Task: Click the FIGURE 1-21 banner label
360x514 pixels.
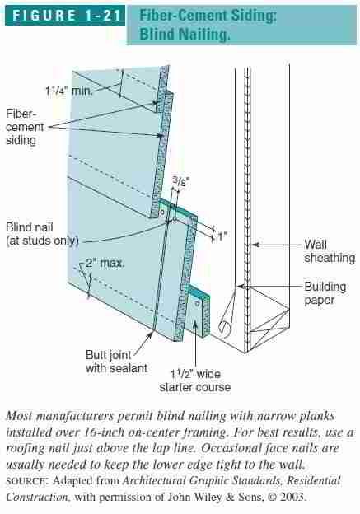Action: click(x=66, y=16)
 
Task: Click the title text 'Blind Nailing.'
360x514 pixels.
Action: click(x=185, y=34)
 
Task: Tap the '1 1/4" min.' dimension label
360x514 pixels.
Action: click(x=69, y=90)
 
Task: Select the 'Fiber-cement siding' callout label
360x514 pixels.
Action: click(x=25, y=127)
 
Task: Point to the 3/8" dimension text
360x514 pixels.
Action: click(x=181, y=180)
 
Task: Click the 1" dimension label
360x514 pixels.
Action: click(x=222, y=236)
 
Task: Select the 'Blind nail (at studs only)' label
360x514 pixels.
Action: click(x=42, y=234)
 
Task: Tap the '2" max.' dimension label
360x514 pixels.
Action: click(x=105, y=263)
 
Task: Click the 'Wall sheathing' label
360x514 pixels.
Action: click(x=330, y=251)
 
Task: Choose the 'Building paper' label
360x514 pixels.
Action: click(x=325, y=293)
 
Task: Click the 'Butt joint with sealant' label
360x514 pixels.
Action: click(x=116, y=362)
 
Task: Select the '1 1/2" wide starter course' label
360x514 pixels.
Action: click(x=194, y=381)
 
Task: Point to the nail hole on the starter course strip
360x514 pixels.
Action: click(x=198, y=304)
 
